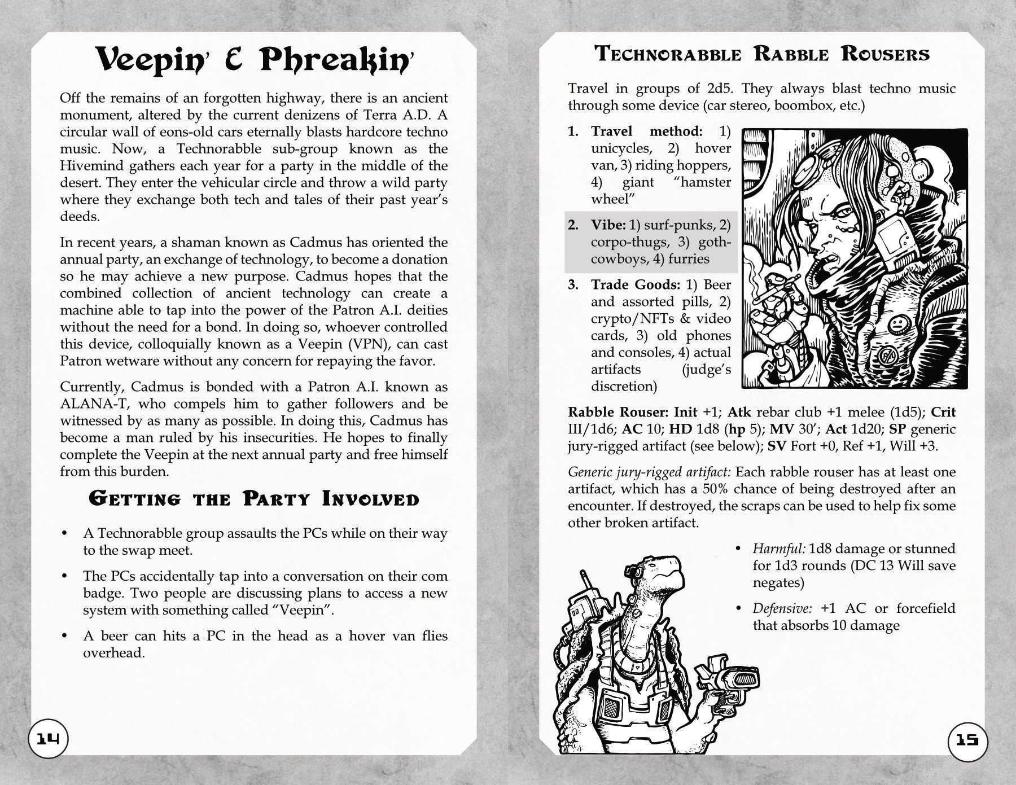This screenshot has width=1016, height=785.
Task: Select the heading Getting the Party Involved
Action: [x=254, y=499]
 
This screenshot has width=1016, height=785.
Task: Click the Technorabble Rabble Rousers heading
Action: [x=762, y=54]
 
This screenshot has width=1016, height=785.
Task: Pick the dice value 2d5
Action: [x=723, y=89]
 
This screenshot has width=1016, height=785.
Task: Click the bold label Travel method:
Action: [x=646, y=131]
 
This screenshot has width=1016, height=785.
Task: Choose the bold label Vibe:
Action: [x=608, y=225]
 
